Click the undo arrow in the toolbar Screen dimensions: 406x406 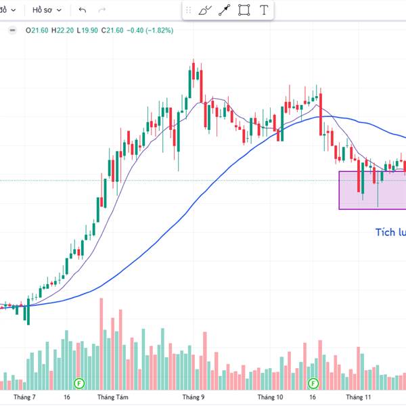83,10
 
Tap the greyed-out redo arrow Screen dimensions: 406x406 102,10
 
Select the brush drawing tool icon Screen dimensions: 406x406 205,10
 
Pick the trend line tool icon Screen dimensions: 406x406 224,10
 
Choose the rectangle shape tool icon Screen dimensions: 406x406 244,10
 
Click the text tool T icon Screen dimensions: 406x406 263,10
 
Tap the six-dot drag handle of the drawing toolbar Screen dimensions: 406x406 189,10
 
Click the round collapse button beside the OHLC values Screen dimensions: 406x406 12,30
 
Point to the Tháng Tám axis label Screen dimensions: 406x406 112,398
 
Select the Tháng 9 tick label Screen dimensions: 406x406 193,398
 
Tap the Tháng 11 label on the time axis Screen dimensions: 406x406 359,398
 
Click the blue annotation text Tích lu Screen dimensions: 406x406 390,233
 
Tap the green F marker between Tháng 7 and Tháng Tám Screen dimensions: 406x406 78,382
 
